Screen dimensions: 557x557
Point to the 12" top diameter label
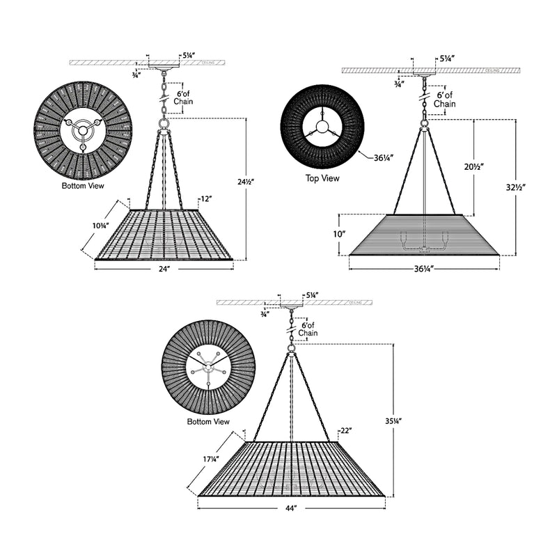click(205, 199)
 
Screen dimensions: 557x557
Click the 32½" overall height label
click(515, 187)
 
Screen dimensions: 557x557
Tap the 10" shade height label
click(339, 235)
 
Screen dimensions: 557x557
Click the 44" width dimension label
click(291, 509)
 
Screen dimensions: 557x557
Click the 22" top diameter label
click(346, 432)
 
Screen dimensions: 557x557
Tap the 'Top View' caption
click(322, 179)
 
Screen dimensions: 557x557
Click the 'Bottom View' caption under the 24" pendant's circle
click(83, 187)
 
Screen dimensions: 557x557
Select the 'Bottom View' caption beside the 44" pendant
click(208, 422)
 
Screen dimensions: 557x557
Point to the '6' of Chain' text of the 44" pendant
click(308, 329)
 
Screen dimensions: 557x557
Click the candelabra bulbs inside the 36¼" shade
click(423, 242)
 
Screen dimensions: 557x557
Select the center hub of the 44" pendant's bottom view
click(208, 367)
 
